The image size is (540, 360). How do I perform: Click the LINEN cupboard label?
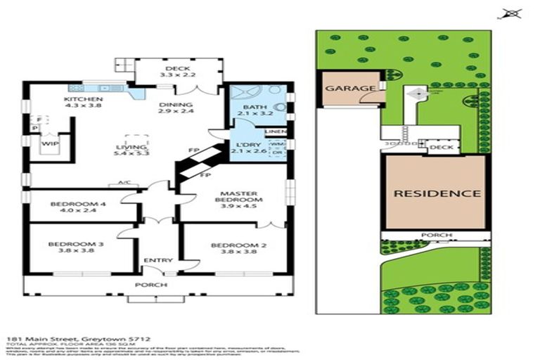(x=274, y=131)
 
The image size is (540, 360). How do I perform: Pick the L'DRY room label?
(x=247, y=146)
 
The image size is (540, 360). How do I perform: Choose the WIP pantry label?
(x=49, y=143)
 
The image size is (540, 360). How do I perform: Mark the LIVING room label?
(x=129, y=148)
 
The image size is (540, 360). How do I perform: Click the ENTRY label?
(x=158, y=261)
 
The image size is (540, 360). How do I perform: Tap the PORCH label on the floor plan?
(x=157, y=285)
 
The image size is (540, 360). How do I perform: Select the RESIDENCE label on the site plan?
(x=436, y=193)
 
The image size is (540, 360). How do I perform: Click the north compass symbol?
(x=510, y=13)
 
